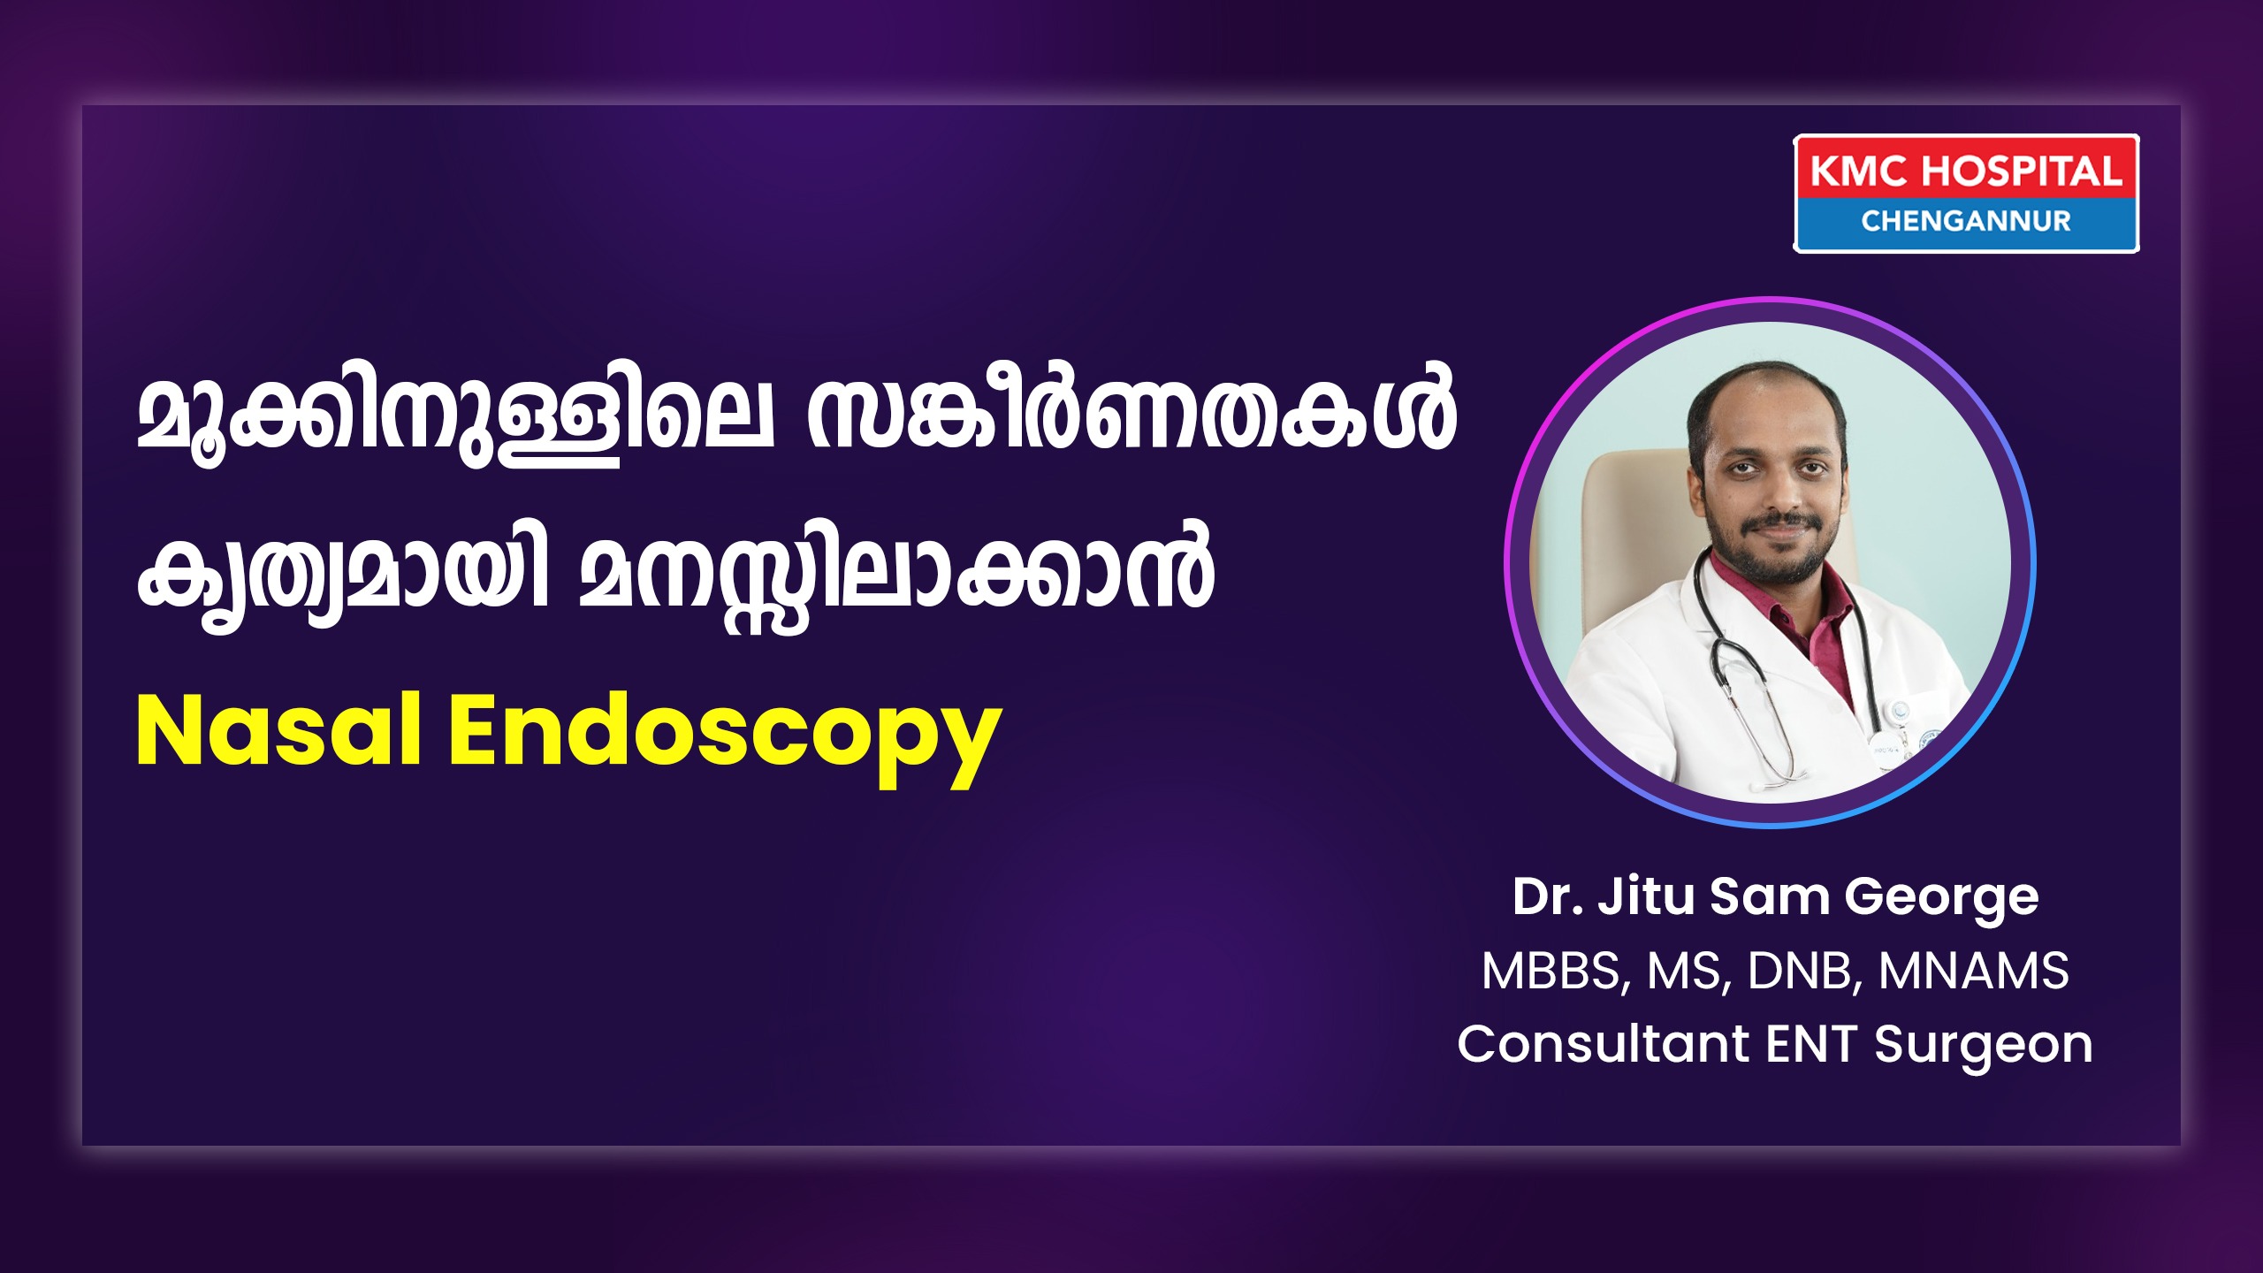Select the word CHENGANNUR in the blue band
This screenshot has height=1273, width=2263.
1966,221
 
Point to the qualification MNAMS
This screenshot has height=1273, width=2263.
1973,971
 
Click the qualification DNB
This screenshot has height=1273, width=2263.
1803,972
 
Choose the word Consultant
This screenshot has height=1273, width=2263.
1604,1044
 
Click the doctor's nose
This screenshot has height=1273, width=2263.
1775,492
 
